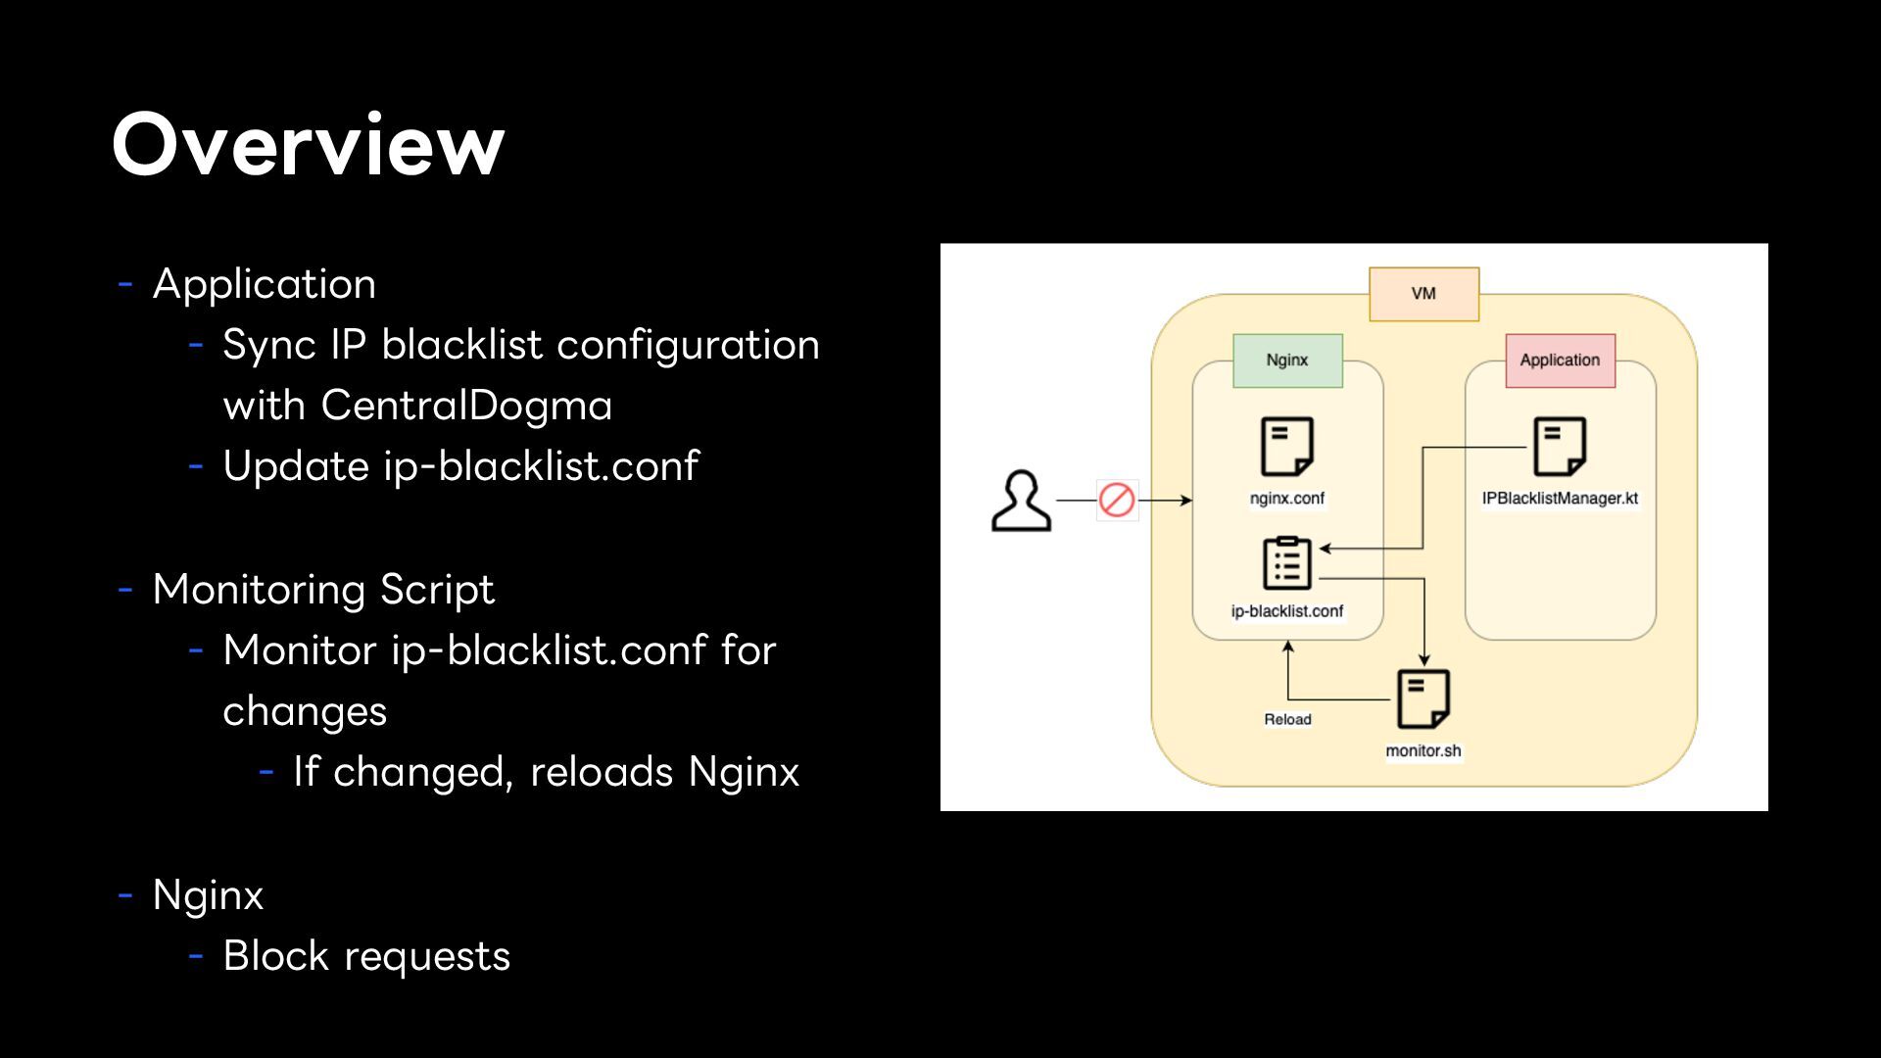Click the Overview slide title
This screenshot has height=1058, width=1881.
[309, 145]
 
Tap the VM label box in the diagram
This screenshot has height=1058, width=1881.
[1423, 294]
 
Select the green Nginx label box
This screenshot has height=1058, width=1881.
[1287, 361]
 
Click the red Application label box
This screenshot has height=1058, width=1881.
[1560, 361]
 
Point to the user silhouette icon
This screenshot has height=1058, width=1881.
[1021, 501]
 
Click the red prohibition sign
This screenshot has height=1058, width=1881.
[1117, 500]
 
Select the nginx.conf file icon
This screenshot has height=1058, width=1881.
[1286, 447]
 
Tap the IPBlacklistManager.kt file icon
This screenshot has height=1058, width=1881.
[1560, 447]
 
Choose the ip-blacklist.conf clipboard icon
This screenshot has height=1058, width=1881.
[1287, 562]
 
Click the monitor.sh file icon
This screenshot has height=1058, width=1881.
[1423, 698]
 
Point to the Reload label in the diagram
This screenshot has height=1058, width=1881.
[1287, 719]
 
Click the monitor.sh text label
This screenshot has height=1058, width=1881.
[1423, 751]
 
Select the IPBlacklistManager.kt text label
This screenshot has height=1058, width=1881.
[1560, 499]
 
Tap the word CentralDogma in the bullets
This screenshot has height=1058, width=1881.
[466, 406]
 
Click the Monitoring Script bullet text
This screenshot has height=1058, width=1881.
[323, 590]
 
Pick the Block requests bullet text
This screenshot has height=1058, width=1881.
[366, 956]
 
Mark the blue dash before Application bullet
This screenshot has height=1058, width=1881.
[125, 285]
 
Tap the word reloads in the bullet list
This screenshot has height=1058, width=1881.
[602, 772]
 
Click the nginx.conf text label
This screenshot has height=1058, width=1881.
[1286, 499]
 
